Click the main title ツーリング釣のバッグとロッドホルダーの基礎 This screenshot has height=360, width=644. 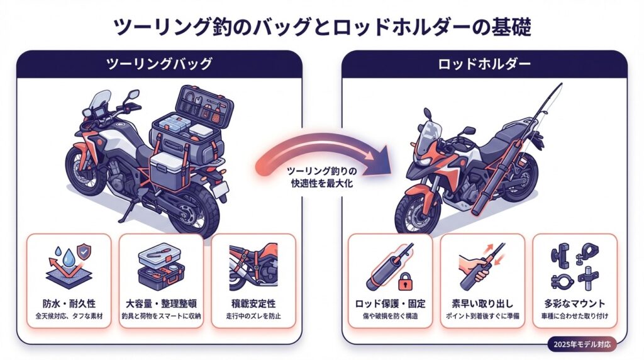(x=322, y=26)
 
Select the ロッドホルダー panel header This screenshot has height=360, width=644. (x=484, y=64)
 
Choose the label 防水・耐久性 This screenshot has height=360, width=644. (x=69, y=300)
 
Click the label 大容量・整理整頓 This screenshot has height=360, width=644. (x=160, y=300)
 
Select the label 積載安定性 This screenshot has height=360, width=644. (x=253, y=300)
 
